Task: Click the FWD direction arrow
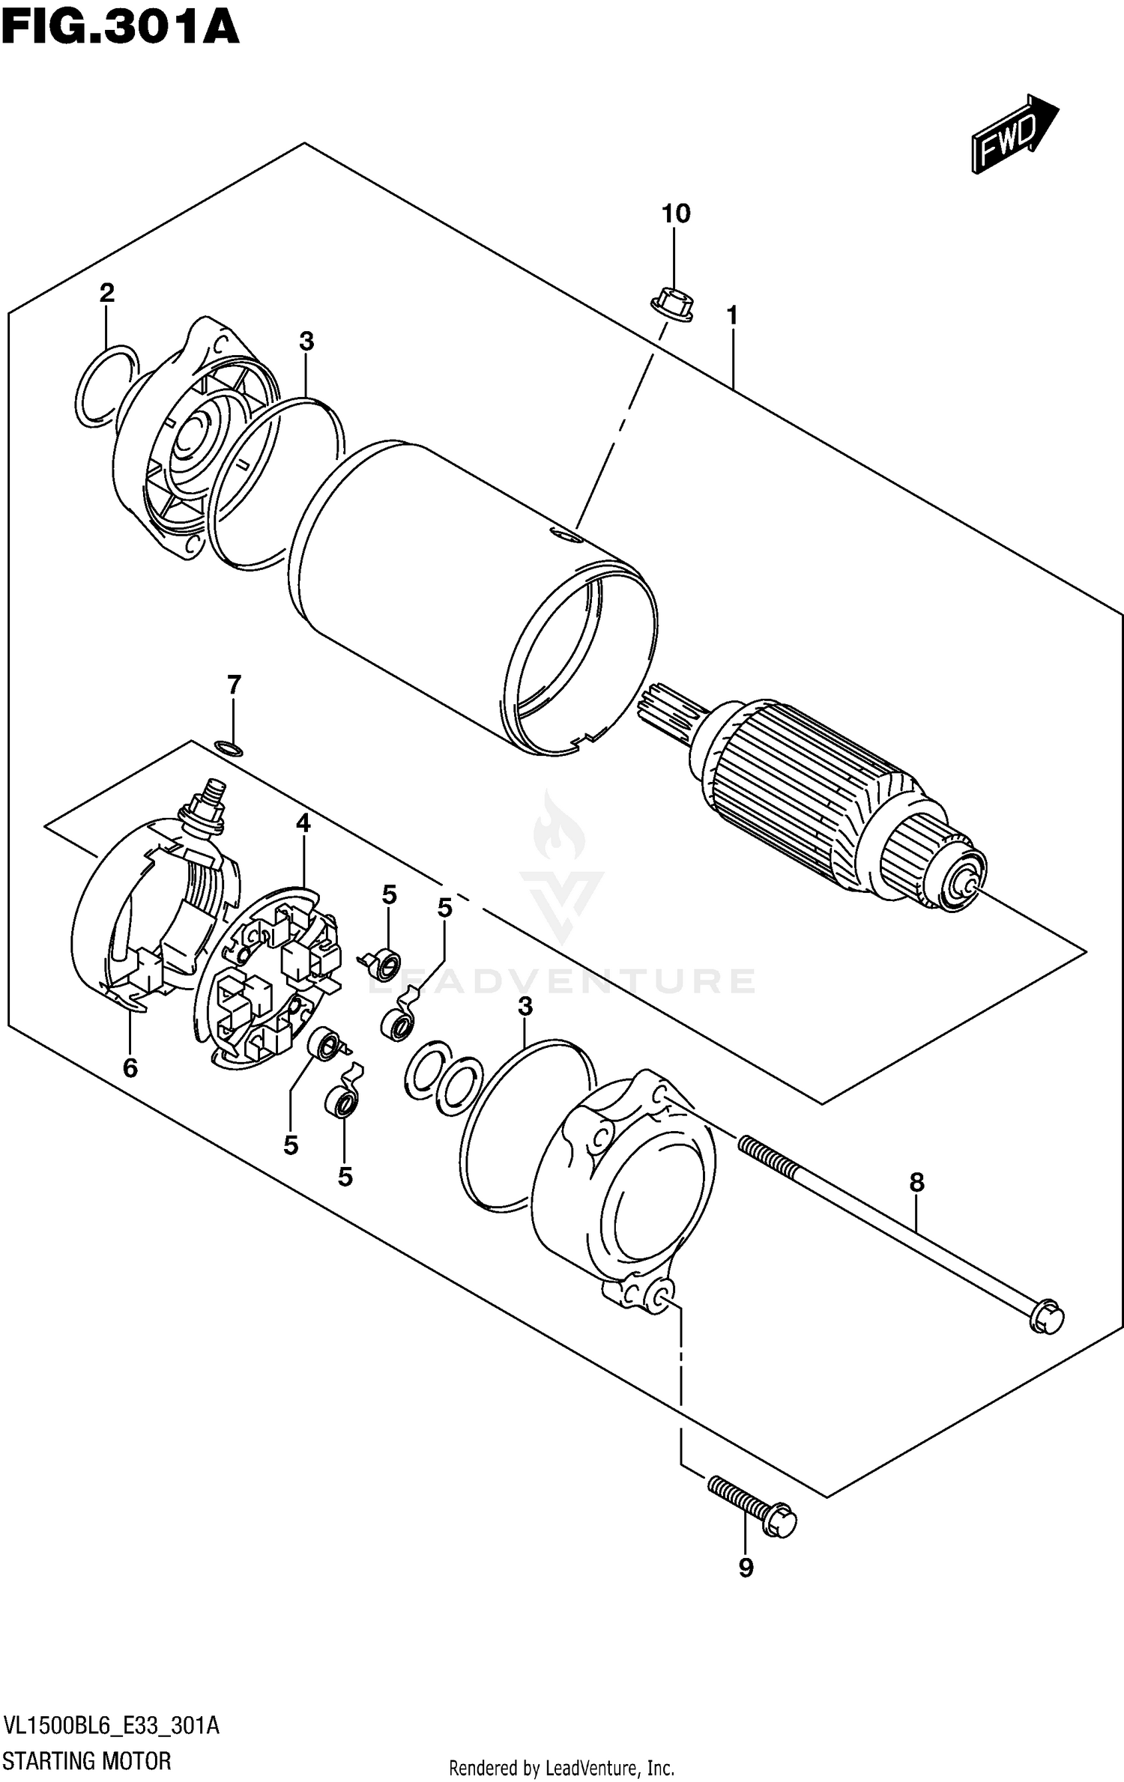click(1013, 135)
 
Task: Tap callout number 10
click(675, 213)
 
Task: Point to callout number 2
click(106, 293)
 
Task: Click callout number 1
click(732, 315)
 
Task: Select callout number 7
click(234, 684)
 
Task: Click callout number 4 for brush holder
click(303, 823)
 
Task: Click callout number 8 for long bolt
click(916, 1183)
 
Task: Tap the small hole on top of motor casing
click(563, 534)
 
